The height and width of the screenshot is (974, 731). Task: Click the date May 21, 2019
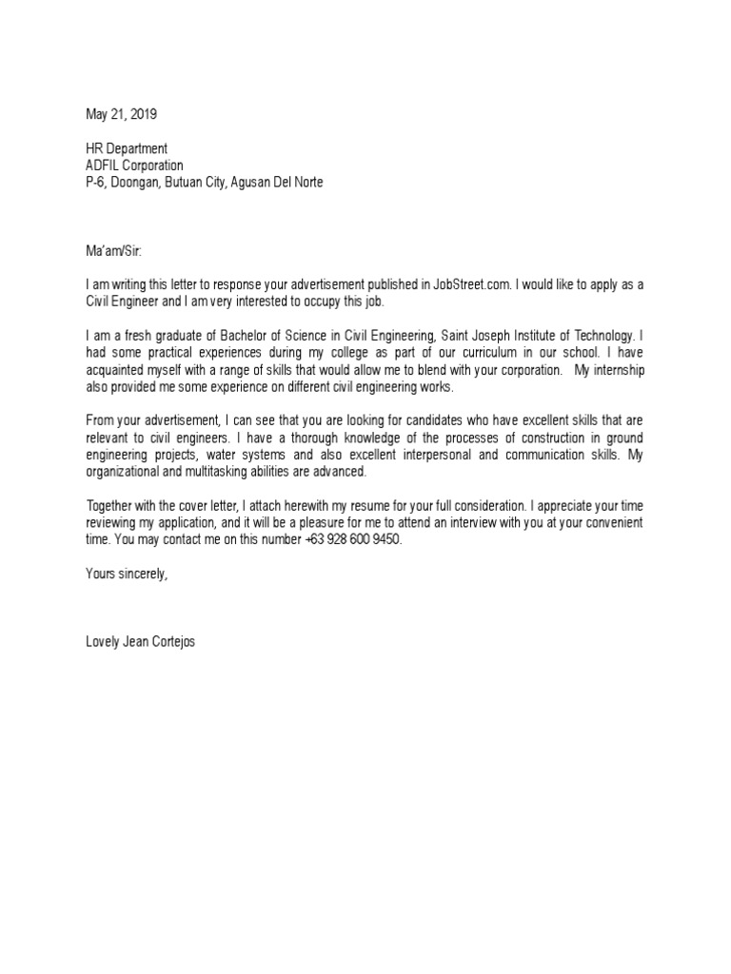122,115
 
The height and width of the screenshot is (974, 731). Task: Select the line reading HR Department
127,148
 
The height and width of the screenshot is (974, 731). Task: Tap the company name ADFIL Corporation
134,165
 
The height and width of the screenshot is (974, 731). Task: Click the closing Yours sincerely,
127,573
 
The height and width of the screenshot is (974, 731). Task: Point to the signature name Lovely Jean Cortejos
143,641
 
